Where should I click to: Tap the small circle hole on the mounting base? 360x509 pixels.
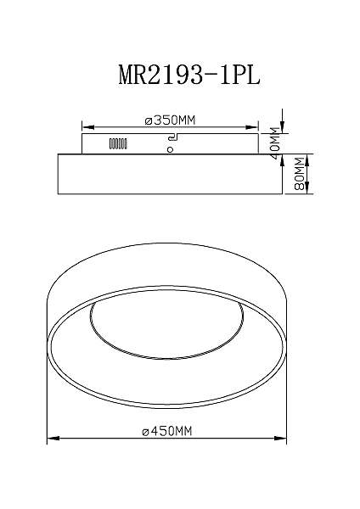coord(171,150)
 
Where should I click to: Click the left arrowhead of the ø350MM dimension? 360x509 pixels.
coord(84,127)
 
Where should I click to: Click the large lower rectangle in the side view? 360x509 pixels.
coord(169,173)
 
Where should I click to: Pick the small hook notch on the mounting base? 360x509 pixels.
coord(172,137)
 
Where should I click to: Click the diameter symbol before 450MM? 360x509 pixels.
coord(144,431)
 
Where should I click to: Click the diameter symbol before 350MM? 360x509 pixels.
coord(148,121)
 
